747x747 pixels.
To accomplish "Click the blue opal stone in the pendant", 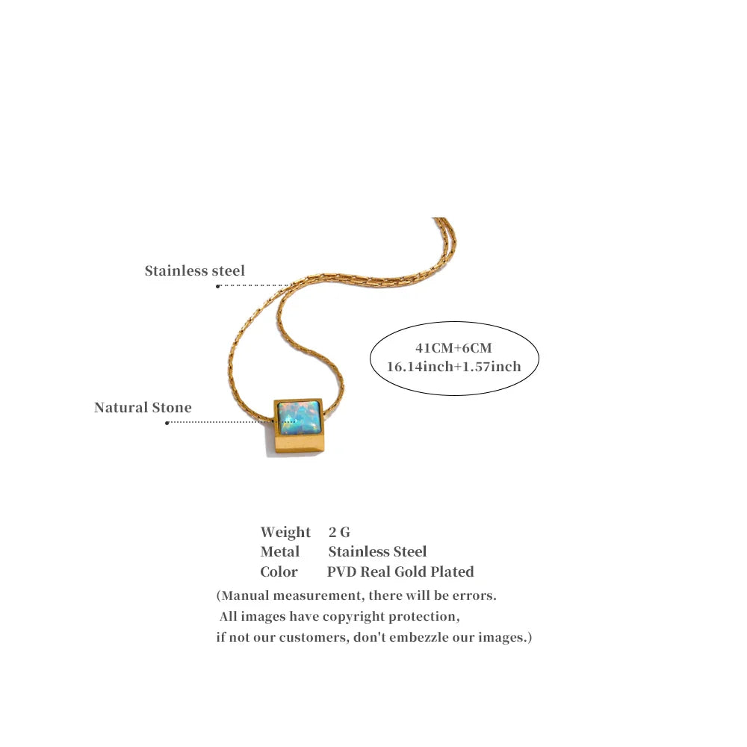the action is (x=298, y=418).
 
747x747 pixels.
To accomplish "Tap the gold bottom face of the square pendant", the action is (x=300, y=445).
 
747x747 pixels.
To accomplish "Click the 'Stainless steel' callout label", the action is (x=194, y=270).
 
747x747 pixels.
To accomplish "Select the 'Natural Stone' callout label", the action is (x=143, y=407).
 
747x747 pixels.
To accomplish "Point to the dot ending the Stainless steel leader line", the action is (x=217, y=286).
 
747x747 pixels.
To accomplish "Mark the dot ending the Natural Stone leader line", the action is (x=167, y=423).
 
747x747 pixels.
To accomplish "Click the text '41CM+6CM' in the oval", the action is (x=453, y=348).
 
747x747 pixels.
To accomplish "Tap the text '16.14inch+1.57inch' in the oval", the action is (x=453, y=366).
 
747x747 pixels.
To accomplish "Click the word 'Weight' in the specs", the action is (x=285, y=532).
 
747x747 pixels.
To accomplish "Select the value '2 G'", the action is (x=339, y=532).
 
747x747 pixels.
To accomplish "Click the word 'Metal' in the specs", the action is (x=279, y=552).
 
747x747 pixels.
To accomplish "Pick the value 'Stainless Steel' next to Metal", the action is (x=377, y=552).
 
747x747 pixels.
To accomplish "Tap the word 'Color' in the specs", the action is (x=279, y=571).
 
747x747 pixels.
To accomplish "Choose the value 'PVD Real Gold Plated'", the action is (x=400, y=571).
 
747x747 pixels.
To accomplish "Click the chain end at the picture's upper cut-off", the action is (x=440, y=219).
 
